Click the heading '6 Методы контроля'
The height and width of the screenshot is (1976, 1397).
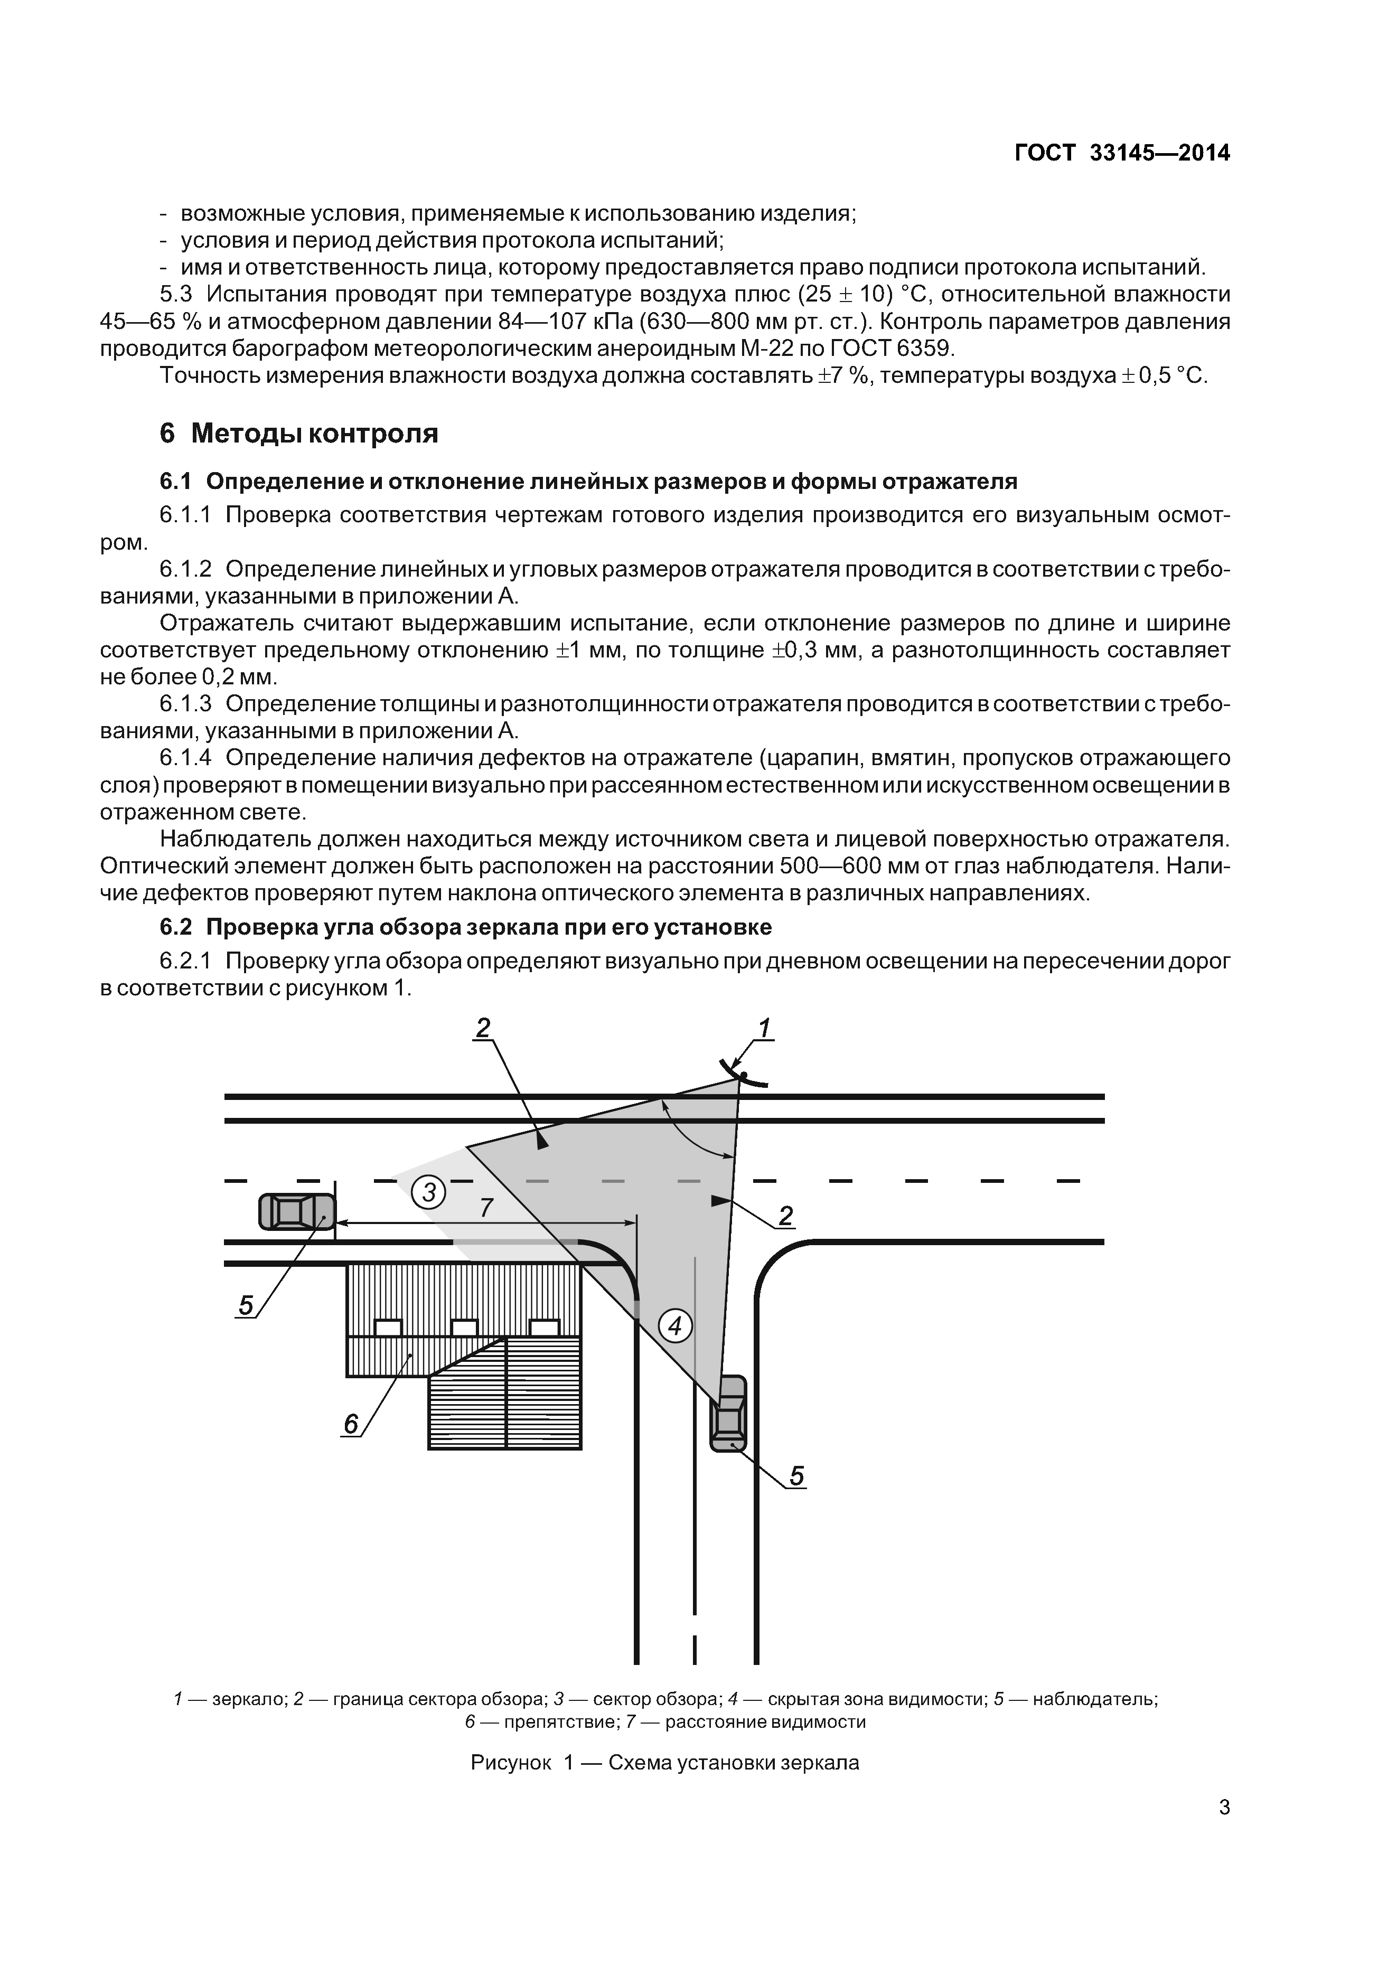tap(299, 433)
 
